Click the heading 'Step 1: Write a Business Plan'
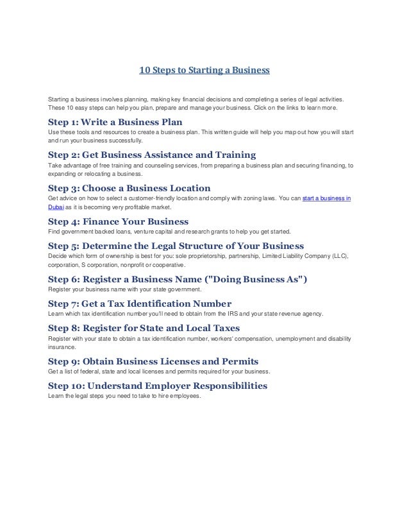pos(115,121)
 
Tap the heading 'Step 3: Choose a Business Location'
pos(129,189)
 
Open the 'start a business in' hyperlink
pos(326,199)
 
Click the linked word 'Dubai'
pos(56,208)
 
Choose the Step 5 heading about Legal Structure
pos(176,246)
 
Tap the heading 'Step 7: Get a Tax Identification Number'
pos(140,303)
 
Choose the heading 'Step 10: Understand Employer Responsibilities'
pos(158,386)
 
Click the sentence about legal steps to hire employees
pos(124,395)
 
